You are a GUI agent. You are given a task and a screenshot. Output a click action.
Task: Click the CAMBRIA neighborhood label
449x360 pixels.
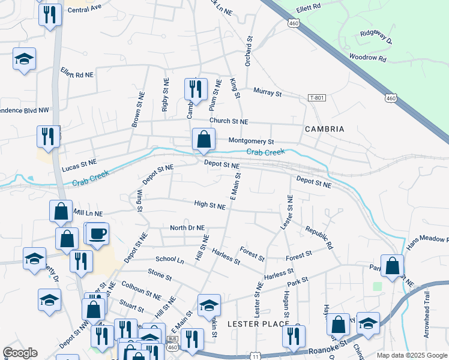click(324, 129)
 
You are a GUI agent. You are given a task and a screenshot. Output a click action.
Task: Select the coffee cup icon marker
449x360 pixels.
click(97, 233)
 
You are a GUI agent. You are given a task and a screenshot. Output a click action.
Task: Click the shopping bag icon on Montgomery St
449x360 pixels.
click(204, 139)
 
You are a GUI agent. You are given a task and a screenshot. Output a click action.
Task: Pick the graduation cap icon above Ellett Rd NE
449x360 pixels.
click(24, 59)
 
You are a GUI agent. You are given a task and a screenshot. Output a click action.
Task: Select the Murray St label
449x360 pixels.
click(267, 92)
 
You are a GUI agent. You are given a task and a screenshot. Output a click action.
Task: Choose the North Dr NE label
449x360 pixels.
click(187, 228)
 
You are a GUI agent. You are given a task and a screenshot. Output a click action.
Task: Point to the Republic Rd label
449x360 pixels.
click(318, 238)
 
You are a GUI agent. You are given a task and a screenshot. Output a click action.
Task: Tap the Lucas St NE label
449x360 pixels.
click(79, 162)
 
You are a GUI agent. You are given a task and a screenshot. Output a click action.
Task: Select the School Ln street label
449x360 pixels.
click(169, 260)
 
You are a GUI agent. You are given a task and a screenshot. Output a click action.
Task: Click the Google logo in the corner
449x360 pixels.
click(20, 353)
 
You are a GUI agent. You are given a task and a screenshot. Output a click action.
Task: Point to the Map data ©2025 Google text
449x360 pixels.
click(411, 355)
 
